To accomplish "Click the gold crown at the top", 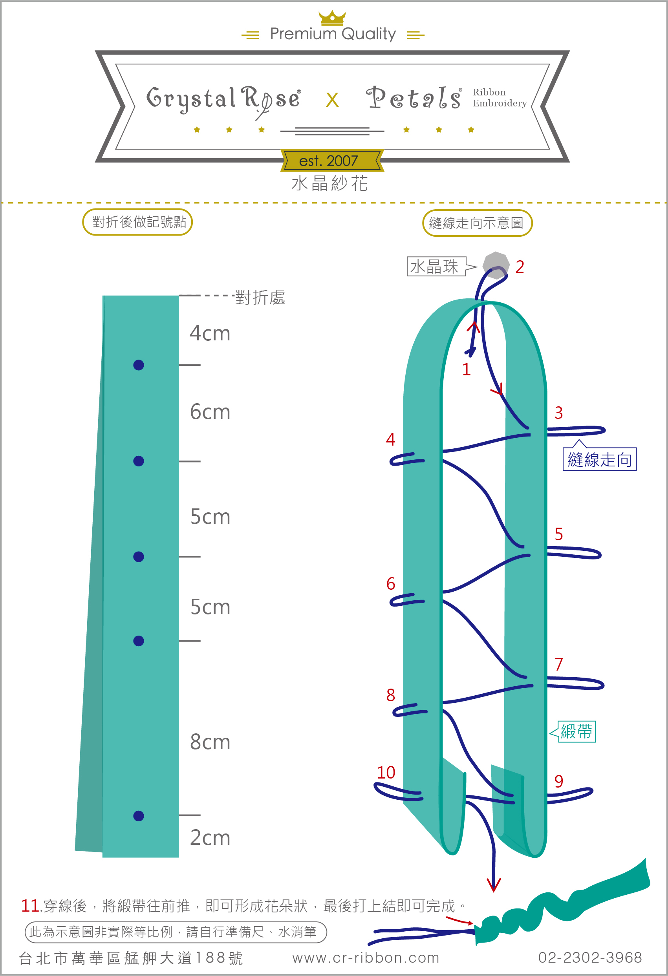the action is pyautogui.click(x=332, y=18).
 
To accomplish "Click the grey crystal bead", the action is pyautogui.click(x=496, y=265).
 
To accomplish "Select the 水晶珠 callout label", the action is pyautogui.click(x=436, y=267).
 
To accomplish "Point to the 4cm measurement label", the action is pyautogui.click(x=210, y=334).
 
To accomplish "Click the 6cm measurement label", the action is pyautogui.click(x=210, y=412).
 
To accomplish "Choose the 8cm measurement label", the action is pyautogui.click(x=210, y=742).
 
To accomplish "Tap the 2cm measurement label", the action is pyautogui.click(x=210, y=838).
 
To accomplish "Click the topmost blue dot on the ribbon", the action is pyautogui.click(x=139, y=365).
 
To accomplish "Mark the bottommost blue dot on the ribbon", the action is pyautogui.click(x=139, y=815).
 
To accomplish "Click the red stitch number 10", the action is pyautogui.click(x=386, y=772).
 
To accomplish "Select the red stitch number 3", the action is pyautogui.click(x=558, y=413).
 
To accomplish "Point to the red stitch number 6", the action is pyautogui.click(x=391, y=583).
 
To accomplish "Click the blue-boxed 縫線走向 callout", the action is pyautogui.click(x=600, y=459).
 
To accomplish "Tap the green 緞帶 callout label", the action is pyautogui.click(x=576, y=731).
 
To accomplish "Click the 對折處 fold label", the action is pyautogui.click(x=260, y=297).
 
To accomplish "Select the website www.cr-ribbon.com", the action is pyautogui.click(x=366, y=958).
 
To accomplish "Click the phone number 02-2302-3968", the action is pyautogui.click(x=590, y=958).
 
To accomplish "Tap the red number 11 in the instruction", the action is pyautogui.click(x=30, y=906).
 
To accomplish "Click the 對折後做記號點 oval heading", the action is pyautogui.click(x=138, y=222).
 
